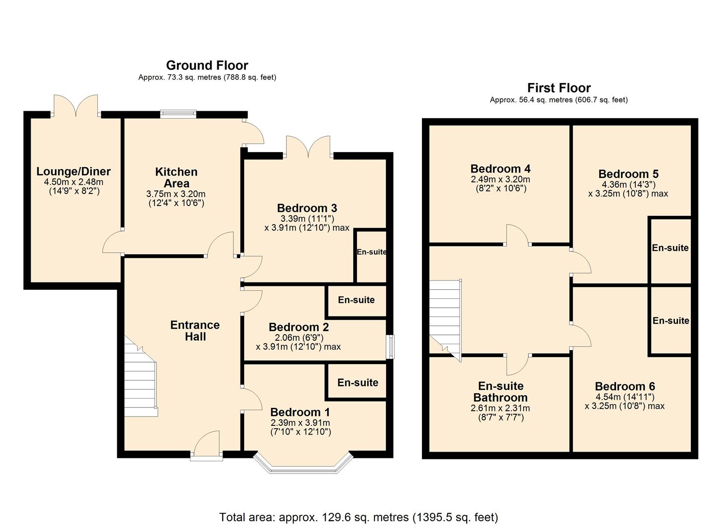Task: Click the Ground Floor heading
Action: coord(207,65)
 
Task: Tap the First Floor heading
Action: coord(559,88)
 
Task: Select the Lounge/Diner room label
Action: coord(73,172)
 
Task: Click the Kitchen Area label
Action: coord(176,177)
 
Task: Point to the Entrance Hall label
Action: coord(195,331)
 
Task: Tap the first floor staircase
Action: coord(445,316)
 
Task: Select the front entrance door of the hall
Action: coord(206,445)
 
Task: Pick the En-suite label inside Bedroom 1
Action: coord(358,383)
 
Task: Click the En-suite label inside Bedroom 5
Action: coord(670,248)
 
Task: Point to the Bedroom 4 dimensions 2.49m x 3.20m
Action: coord(500,179)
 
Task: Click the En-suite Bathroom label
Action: coord(500,391)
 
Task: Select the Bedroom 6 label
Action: coord(625,386)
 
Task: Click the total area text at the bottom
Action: coord(358,517)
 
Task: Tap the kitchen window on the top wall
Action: coord(178,115)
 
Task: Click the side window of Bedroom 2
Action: coord(390,347)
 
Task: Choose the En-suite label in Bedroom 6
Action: coord(670,321)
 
